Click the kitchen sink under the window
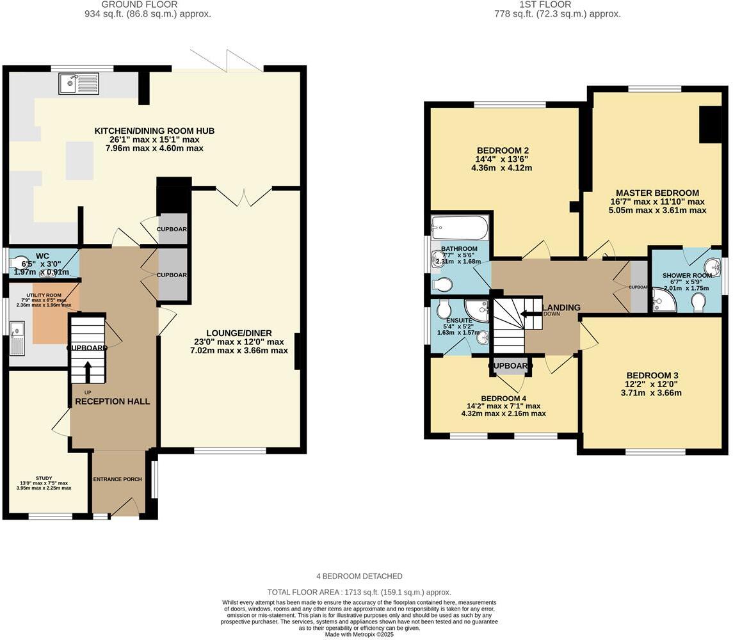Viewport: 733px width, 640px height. [77, 83]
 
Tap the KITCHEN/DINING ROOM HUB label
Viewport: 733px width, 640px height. [154, 131]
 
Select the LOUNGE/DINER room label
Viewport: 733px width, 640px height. [239, 333]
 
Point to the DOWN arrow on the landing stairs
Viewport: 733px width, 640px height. [531, 314]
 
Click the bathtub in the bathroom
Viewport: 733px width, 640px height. [460, 227]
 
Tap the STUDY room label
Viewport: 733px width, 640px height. [44, 478]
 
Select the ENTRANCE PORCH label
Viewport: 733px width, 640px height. [117, 479]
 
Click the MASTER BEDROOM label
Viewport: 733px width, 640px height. [657, 193]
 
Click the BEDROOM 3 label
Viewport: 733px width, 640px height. [652, 375]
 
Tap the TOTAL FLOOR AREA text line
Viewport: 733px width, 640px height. [358, 593]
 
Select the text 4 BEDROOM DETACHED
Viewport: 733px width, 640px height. [359, 576]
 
